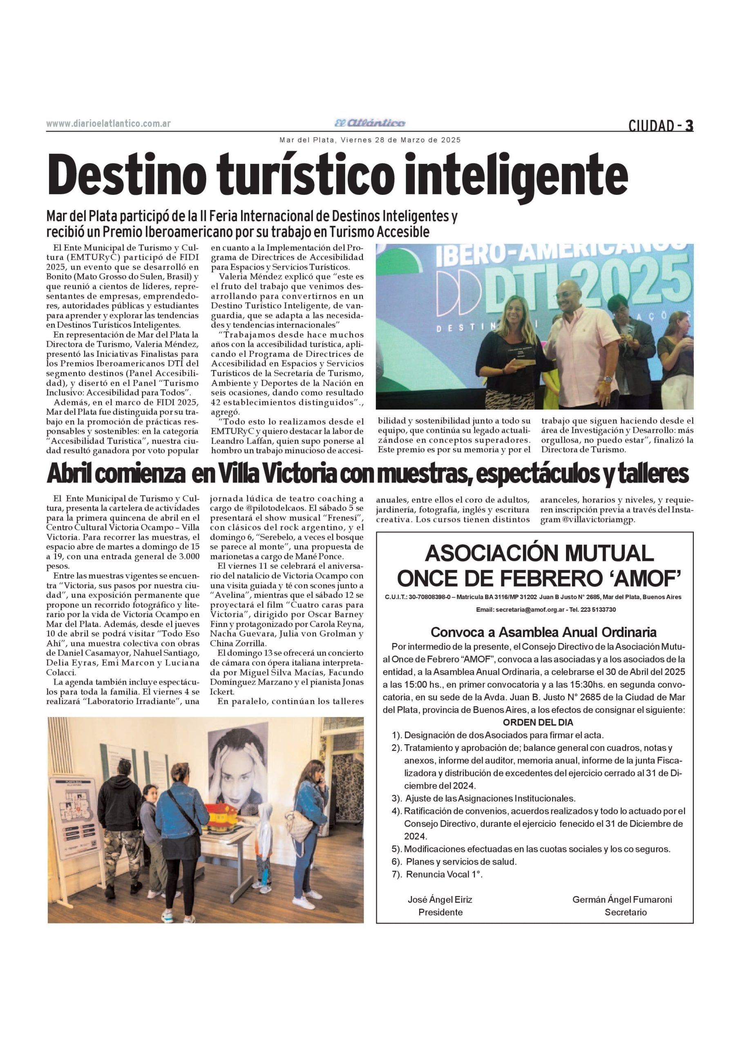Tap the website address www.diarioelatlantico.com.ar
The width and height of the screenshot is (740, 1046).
pos(108,123)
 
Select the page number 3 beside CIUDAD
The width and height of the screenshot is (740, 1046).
pos(689,125)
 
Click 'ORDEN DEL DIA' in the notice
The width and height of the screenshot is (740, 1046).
pos(538,722)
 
